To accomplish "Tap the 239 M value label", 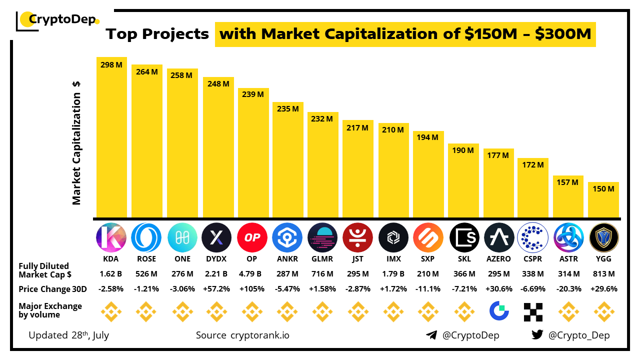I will [253, 93].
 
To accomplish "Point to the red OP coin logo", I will [252, 237].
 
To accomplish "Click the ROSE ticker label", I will [146, 258].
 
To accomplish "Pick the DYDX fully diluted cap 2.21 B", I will [217, 274].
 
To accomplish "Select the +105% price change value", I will [252, 289].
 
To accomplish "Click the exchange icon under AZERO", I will [498, 311].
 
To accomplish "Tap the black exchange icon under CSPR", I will [533, 311].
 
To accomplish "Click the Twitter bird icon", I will [537, 335].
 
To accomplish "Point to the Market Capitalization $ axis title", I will [76, 142].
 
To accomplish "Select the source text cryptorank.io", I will [259, 335].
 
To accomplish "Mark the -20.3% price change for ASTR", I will [568, 289].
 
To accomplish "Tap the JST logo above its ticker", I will [357, 237].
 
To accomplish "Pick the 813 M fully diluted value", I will [603, 274].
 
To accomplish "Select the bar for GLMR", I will [322, 165].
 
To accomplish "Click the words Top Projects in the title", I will [157, 34].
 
